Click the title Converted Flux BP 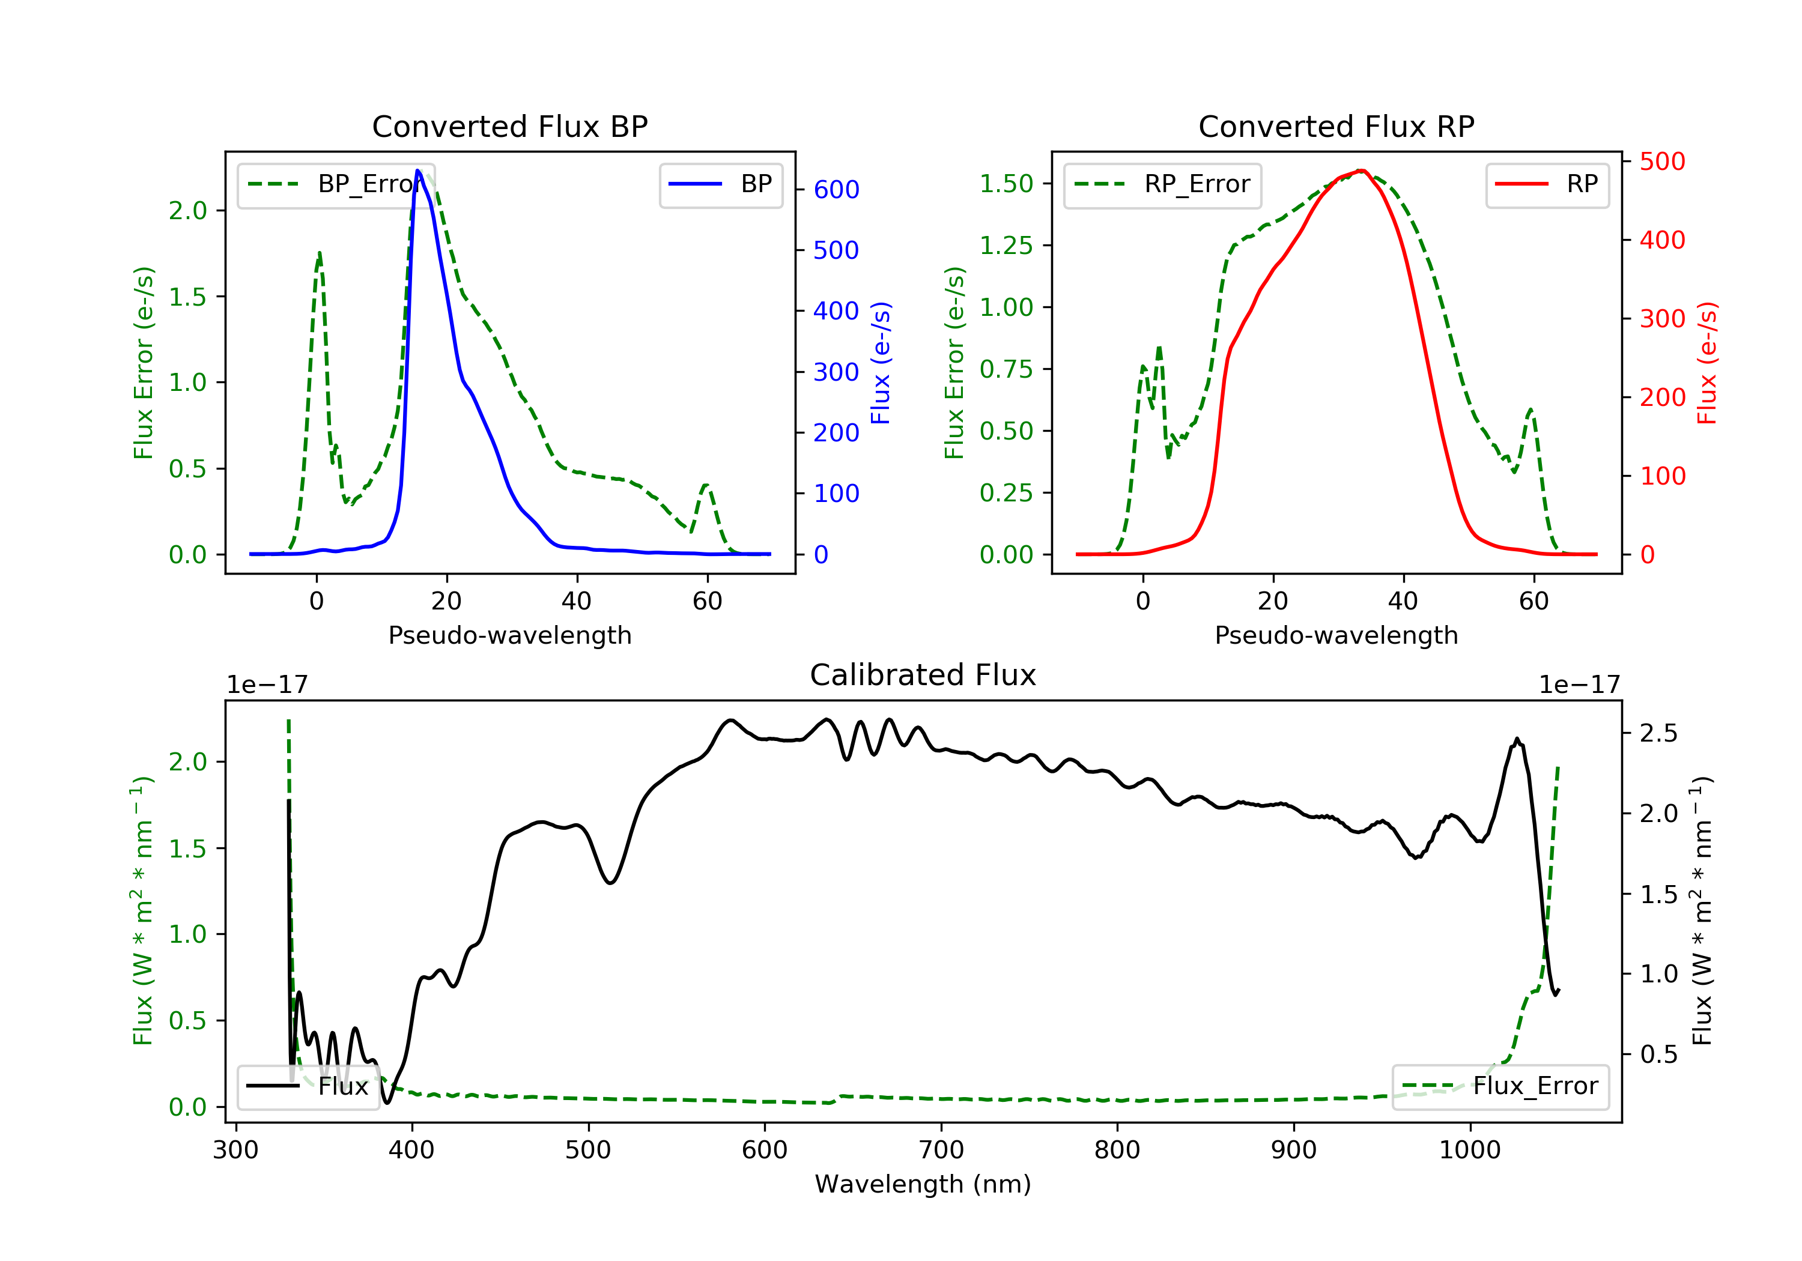(509, 126)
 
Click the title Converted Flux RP (1336, 126)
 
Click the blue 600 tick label (836, 190)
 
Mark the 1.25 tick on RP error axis (1006, 246)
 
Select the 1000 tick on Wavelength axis (1469, 1151)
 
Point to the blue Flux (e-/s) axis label (881, 363)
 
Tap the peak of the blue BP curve (417, 171)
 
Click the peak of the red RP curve (1362, 171)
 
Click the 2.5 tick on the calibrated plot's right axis (1658, 734)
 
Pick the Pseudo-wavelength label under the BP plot (509, 635)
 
